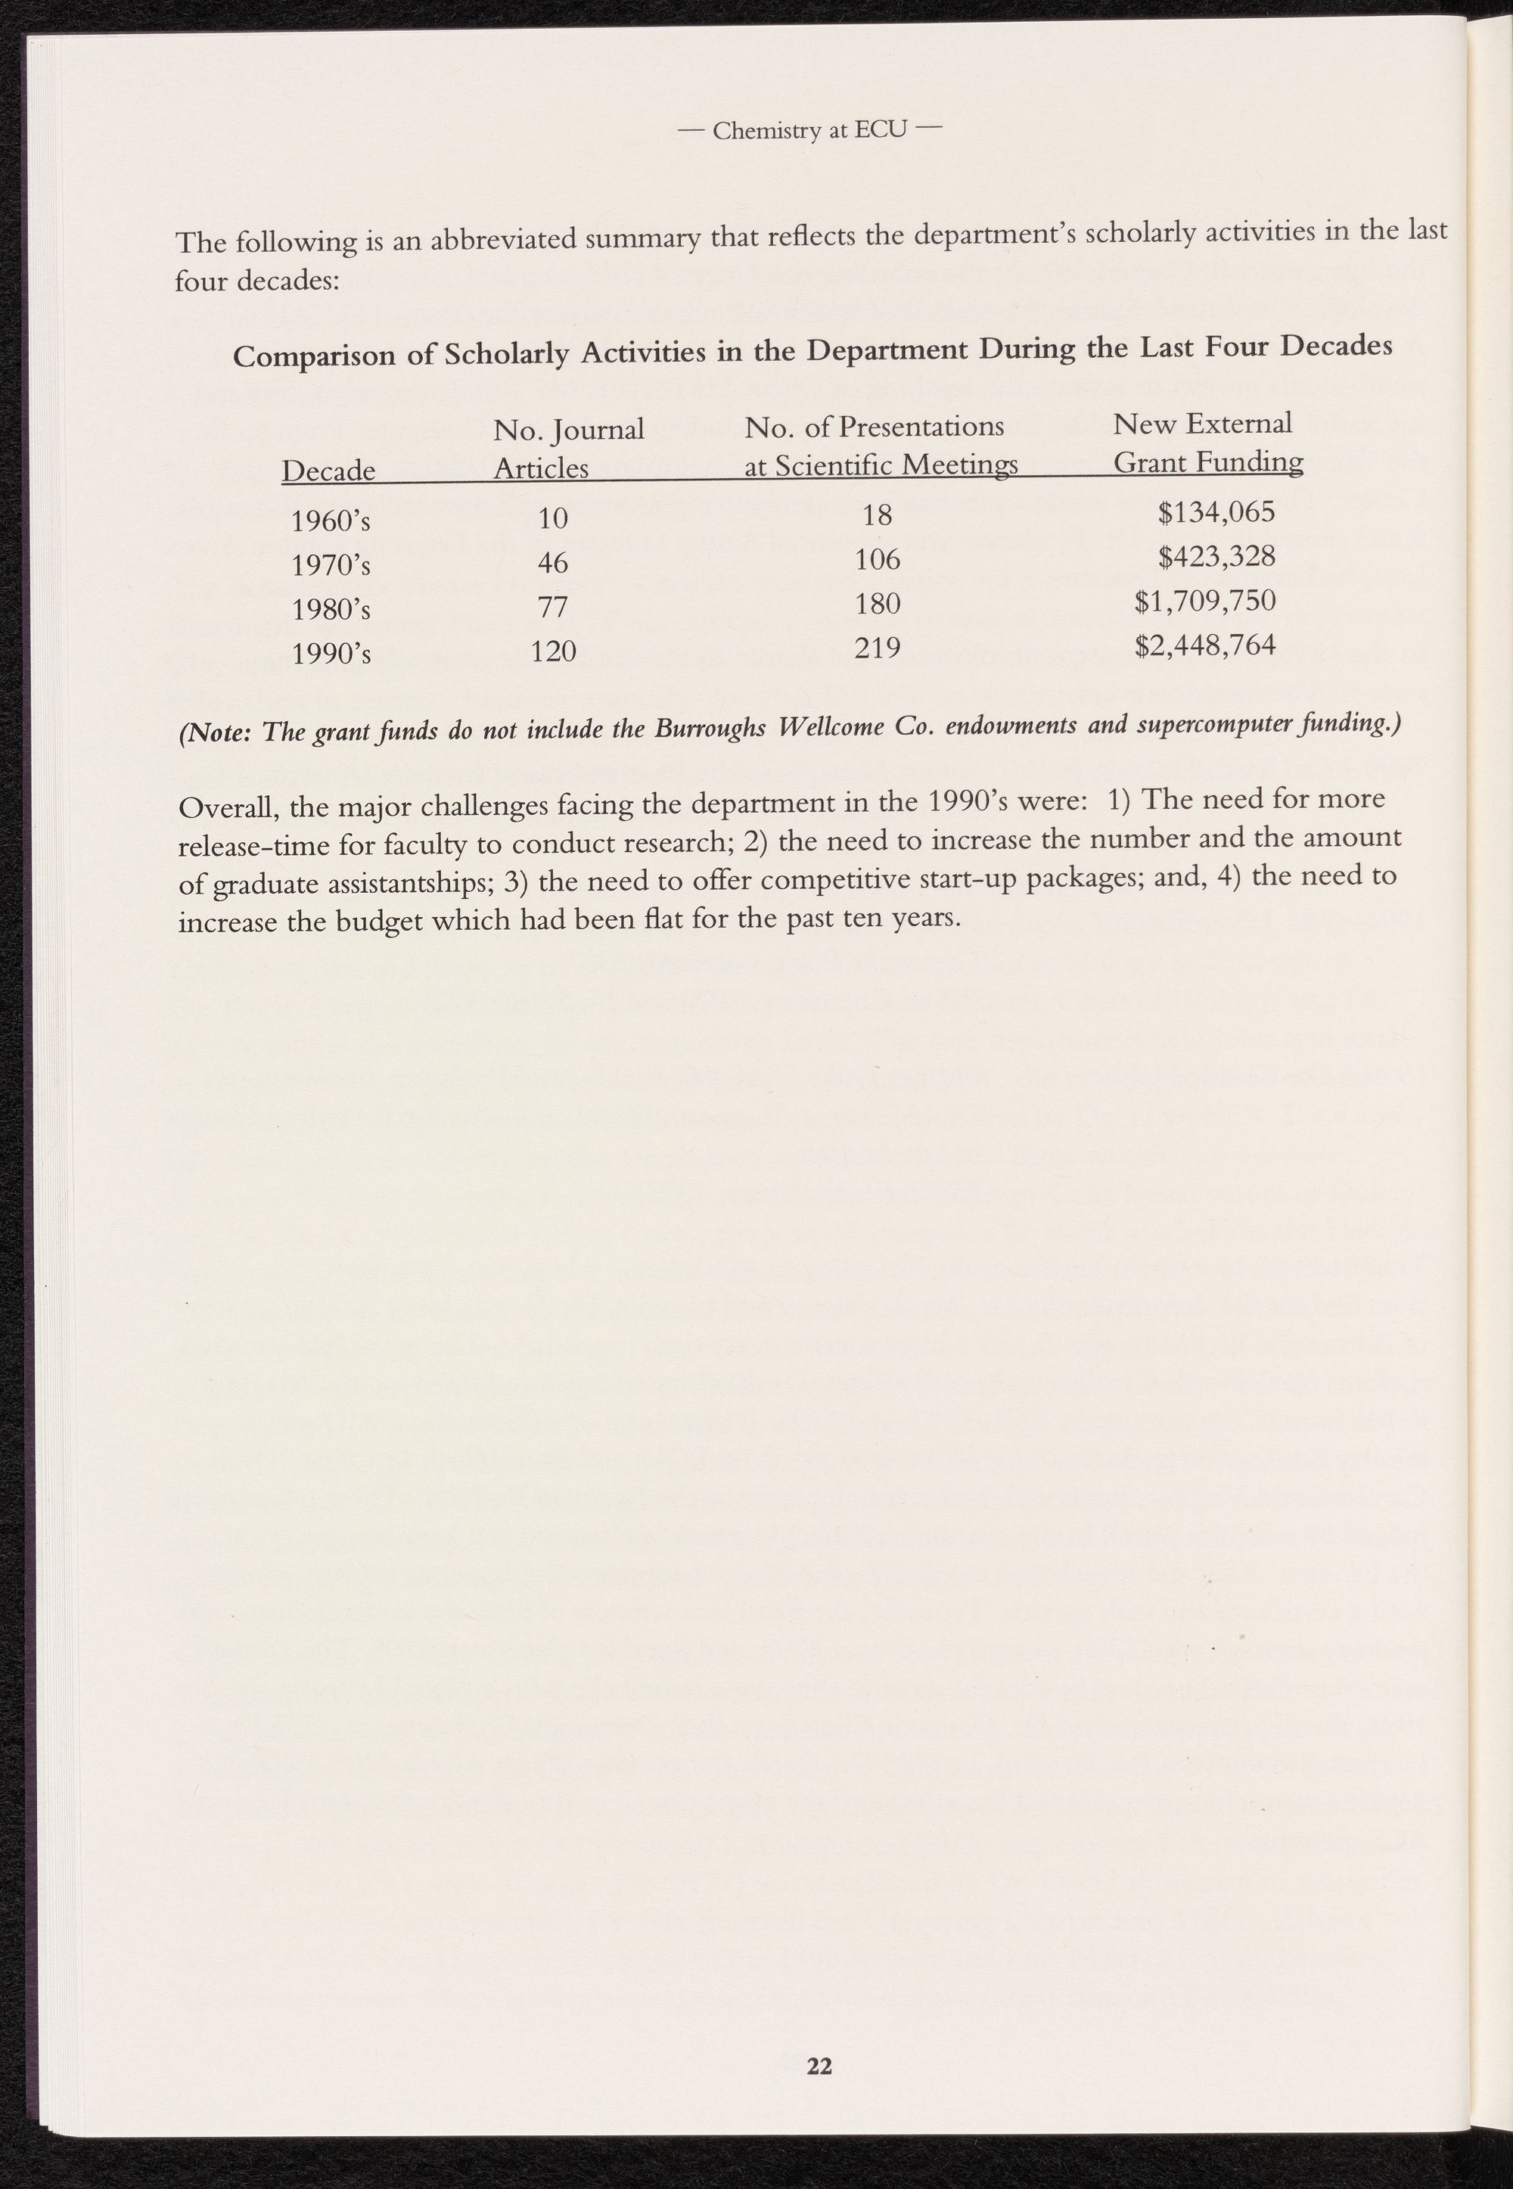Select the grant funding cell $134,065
[1216, 513]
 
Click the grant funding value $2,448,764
[1205, 645]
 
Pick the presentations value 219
[877, 648]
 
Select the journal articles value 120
[553, 651]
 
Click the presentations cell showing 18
[877, 515]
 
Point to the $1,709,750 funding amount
[1205, 601]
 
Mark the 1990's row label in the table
[330, 653]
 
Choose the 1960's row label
[330, 521]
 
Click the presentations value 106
[877, 560]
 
